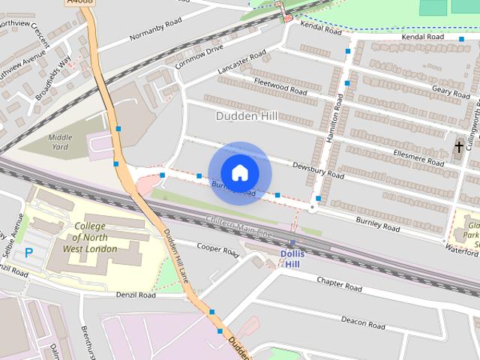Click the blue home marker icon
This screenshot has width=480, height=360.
(x=239, y=172)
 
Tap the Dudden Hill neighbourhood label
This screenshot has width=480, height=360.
(x=246, y=116)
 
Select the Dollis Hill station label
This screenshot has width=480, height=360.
(x=292, y=258)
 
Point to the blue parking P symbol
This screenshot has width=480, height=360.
(x=28, y=253)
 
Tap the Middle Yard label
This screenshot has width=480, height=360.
(x=60, y=142)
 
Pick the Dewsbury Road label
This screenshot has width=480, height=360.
(x=318, y=171)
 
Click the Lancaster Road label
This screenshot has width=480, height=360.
(x=241, y=62)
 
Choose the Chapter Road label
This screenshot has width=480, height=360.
(x=339, y=283)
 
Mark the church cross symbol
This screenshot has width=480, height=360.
(x=459, y=146)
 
